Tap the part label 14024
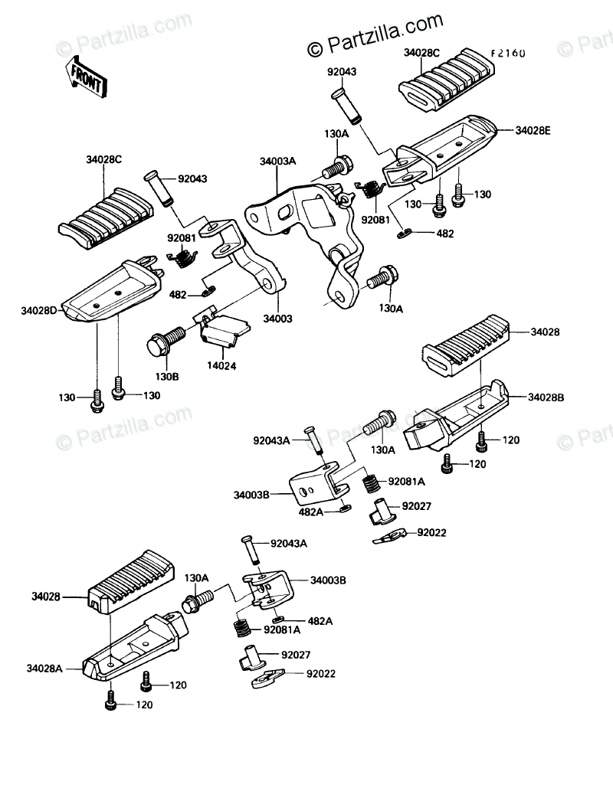click(221, 366)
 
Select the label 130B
click(167, 377)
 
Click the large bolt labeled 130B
click(166, 342)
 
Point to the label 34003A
click(277, 162)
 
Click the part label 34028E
click(533, 130)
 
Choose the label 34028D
click(39, 310)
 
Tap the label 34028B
click(546, 397)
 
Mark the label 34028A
click(44, 668)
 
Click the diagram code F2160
click(508, 53)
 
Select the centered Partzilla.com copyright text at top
click(375, 34)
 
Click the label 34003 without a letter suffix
click(277, 319)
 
